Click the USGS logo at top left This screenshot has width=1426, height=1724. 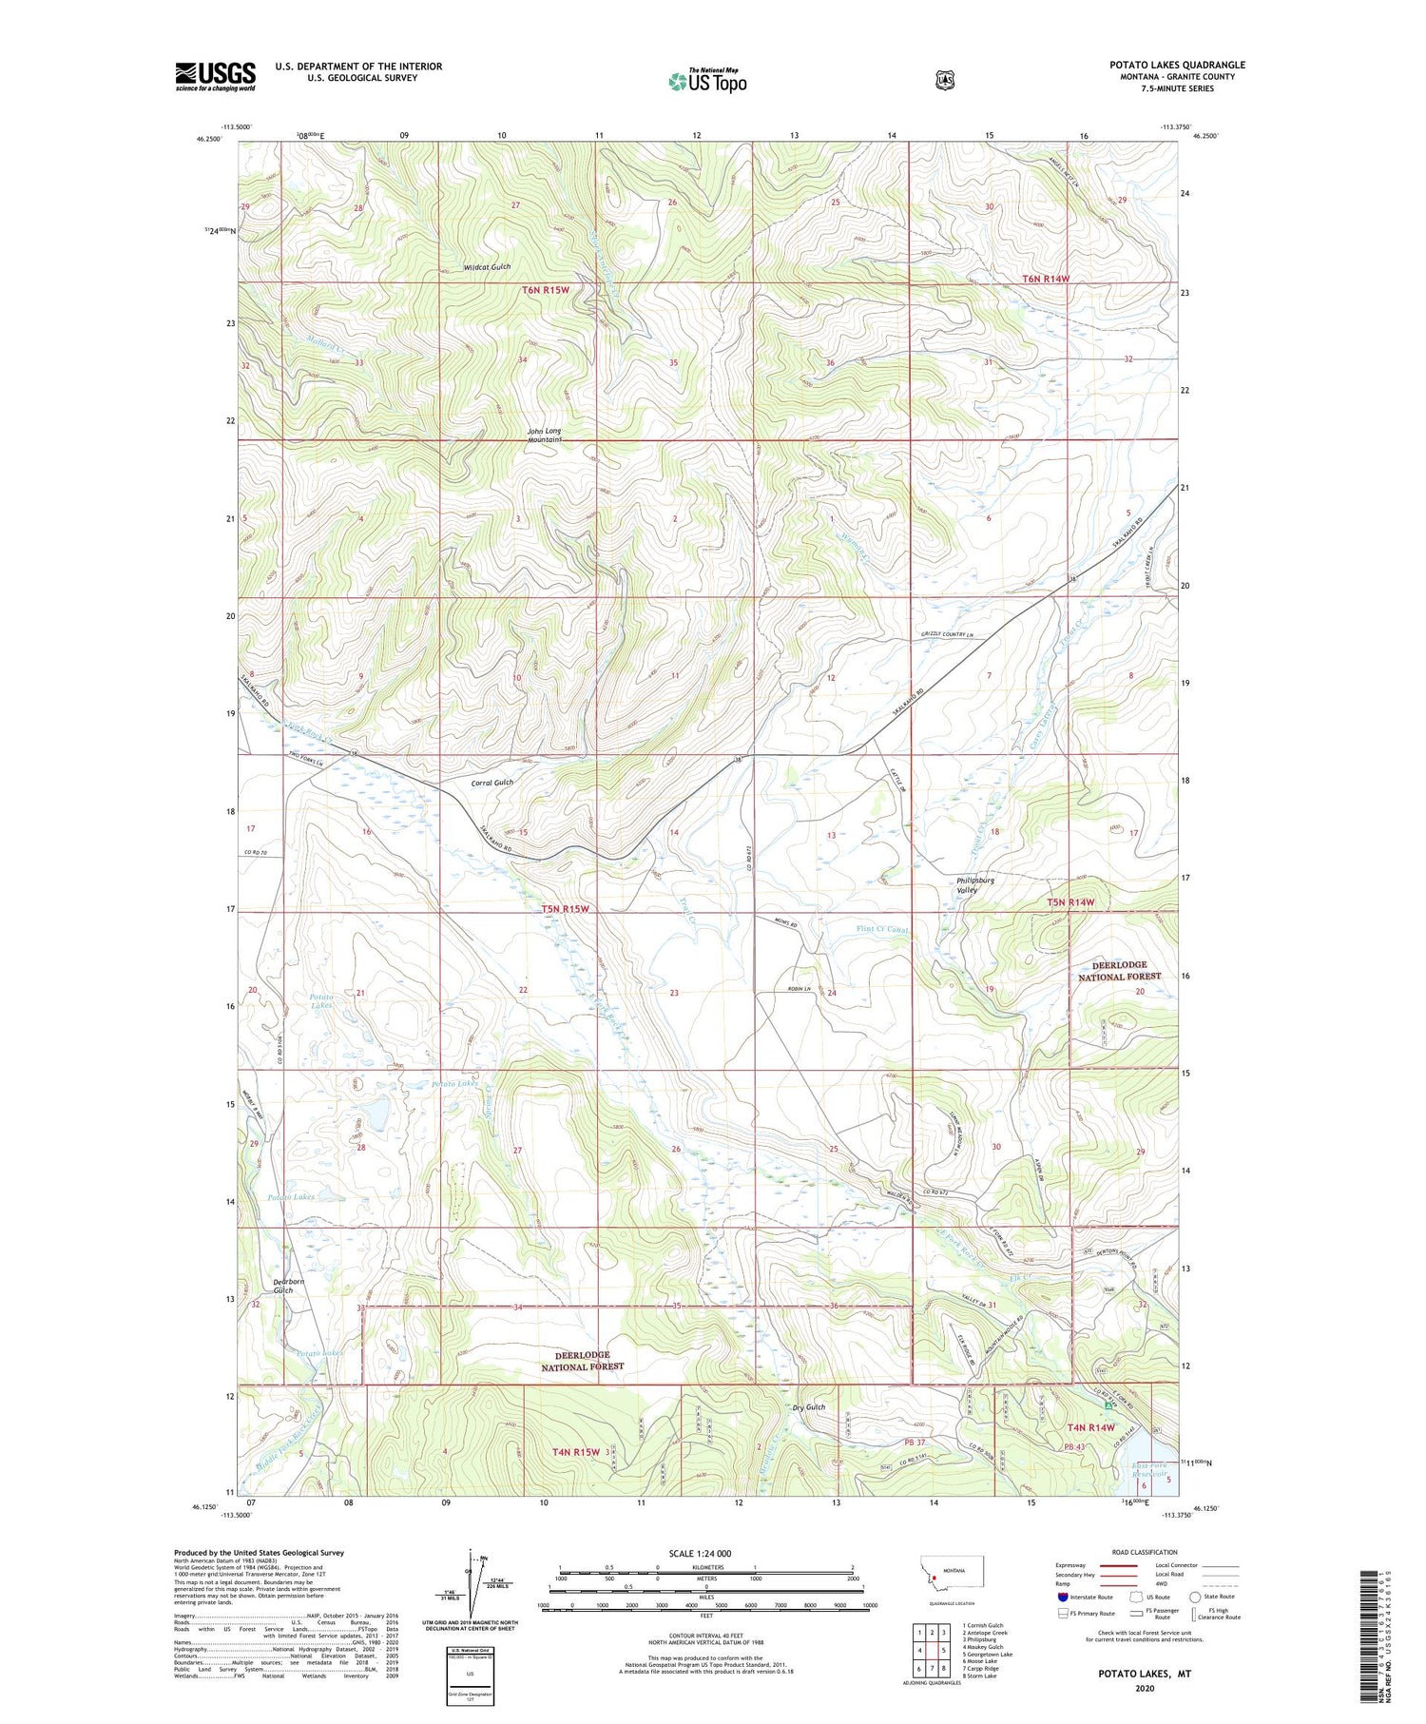[215, 76]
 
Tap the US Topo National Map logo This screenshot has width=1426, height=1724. [707, 81]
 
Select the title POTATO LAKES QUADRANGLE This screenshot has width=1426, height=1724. [1177, 65]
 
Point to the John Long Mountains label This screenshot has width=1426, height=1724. [545, 436]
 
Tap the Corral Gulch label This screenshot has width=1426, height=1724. [491, 783]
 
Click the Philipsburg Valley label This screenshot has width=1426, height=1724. [974, 884]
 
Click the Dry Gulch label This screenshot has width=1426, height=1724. [808, 1407]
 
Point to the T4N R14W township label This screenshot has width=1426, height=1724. [1090, 1427]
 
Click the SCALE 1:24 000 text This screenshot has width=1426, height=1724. [701, 1554]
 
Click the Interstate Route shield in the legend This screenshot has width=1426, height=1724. [1062, 1597]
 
